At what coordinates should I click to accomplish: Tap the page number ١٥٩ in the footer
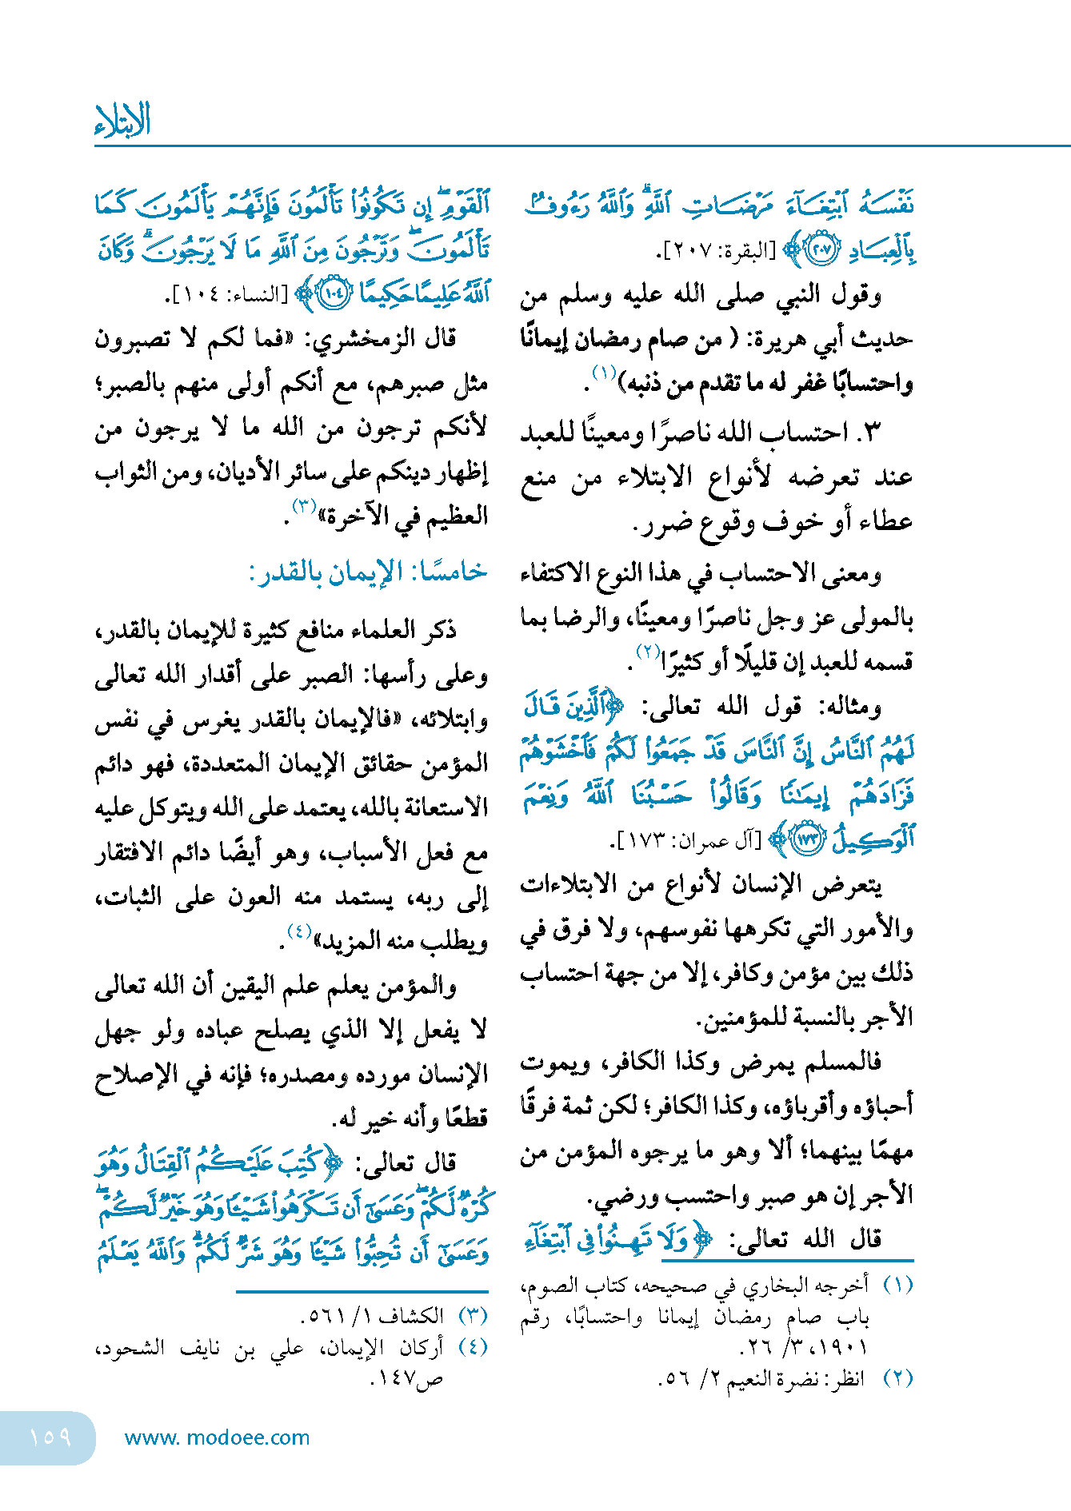[x=50, y=1437]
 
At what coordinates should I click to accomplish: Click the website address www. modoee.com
[x=217, y=1437]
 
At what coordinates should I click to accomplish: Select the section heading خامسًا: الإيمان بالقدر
[x=367, y=572]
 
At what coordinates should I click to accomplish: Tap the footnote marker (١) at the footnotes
[x=898, y=1286]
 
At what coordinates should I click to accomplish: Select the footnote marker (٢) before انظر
[x=898, y=1378]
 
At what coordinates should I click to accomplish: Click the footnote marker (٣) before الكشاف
[x=473, y=1315]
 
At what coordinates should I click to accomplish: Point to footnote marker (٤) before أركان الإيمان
[x=473, y=1347]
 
